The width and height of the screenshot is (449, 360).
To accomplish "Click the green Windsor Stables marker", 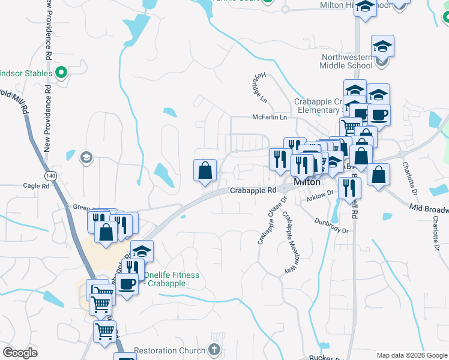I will click(61, 73).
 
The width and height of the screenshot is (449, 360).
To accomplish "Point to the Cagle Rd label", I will click(37, 187).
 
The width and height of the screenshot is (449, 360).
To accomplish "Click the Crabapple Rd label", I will click(253, 190).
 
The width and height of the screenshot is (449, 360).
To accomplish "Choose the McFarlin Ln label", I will click(270, 118).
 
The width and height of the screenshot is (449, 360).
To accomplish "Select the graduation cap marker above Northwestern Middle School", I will click(382, 46).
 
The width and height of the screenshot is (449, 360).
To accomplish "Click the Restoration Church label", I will click(169, 350).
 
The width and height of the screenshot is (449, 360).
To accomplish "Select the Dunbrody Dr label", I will click(332, 225).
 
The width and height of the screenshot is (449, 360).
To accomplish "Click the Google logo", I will click(20, 353).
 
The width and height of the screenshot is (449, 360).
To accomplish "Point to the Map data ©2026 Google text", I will click(411, 355).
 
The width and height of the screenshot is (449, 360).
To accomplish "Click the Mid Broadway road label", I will click(429, 209).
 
